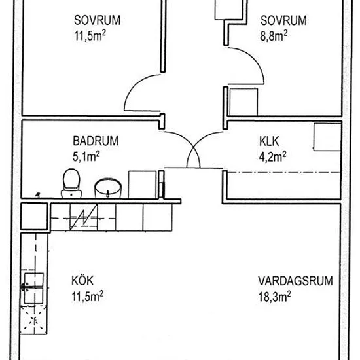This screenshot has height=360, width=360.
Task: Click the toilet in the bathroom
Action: coord(71,183)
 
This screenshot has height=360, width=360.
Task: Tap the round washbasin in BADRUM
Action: coord(108,188)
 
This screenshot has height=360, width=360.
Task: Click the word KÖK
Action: coord(82,281)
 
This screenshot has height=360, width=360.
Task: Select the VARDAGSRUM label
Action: coord(295,281)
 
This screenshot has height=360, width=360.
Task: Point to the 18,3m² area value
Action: coord(275,297)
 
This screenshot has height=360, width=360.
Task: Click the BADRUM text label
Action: coord(96,141)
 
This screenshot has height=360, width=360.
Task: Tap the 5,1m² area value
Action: coord(86,156)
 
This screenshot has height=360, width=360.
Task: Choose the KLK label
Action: coord(269,141)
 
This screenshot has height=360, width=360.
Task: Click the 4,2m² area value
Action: coord(273,156)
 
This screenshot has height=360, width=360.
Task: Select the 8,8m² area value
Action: coord(274,36)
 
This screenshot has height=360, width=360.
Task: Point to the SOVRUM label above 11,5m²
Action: coord(97,20)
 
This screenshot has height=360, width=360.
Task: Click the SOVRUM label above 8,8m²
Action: coord(283,20)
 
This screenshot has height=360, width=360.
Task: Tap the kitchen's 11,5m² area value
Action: coord(88,296)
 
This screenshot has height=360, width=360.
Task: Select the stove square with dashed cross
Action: coord(34,319)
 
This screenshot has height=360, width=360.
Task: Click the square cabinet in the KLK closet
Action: coord(327,137)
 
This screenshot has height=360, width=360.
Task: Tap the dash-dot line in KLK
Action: coord(284,172)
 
